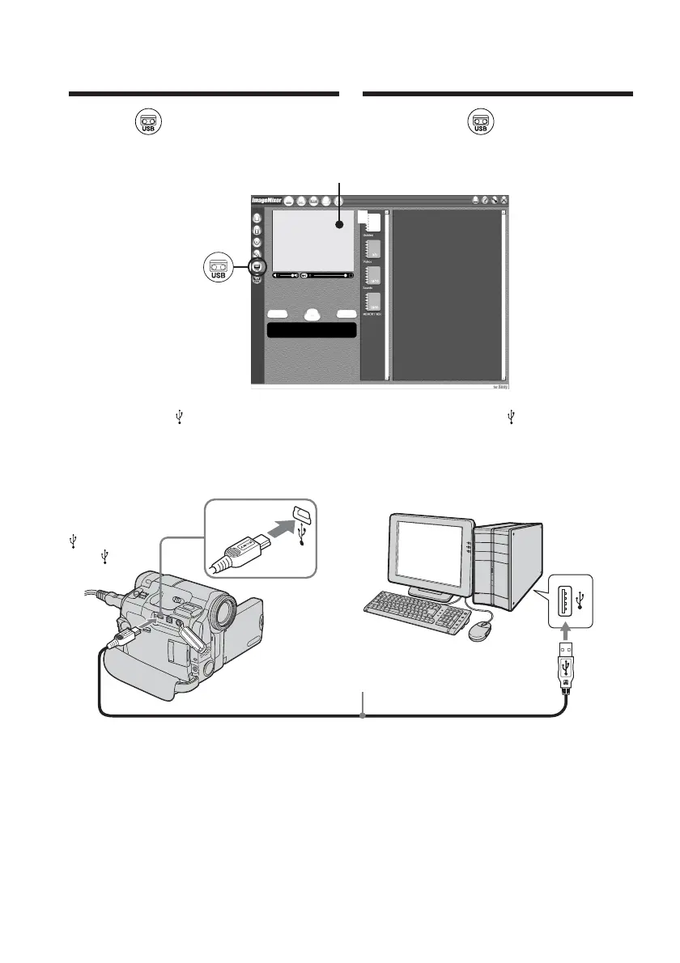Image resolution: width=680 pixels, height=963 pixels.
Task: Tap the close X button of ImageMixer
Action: pyautogui.click(x=504, y=200)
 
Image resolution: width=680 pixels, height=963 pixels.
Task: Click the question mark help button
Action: pyautogui.click(x=483, y=200)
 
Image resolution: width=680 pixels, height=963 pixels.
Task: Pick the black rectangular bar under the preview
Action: pyautogui.click(x=312, y=330)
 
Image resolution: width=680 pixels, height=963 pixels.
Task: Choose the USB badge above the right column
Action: pyautogui.click(x=480, y=123)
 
